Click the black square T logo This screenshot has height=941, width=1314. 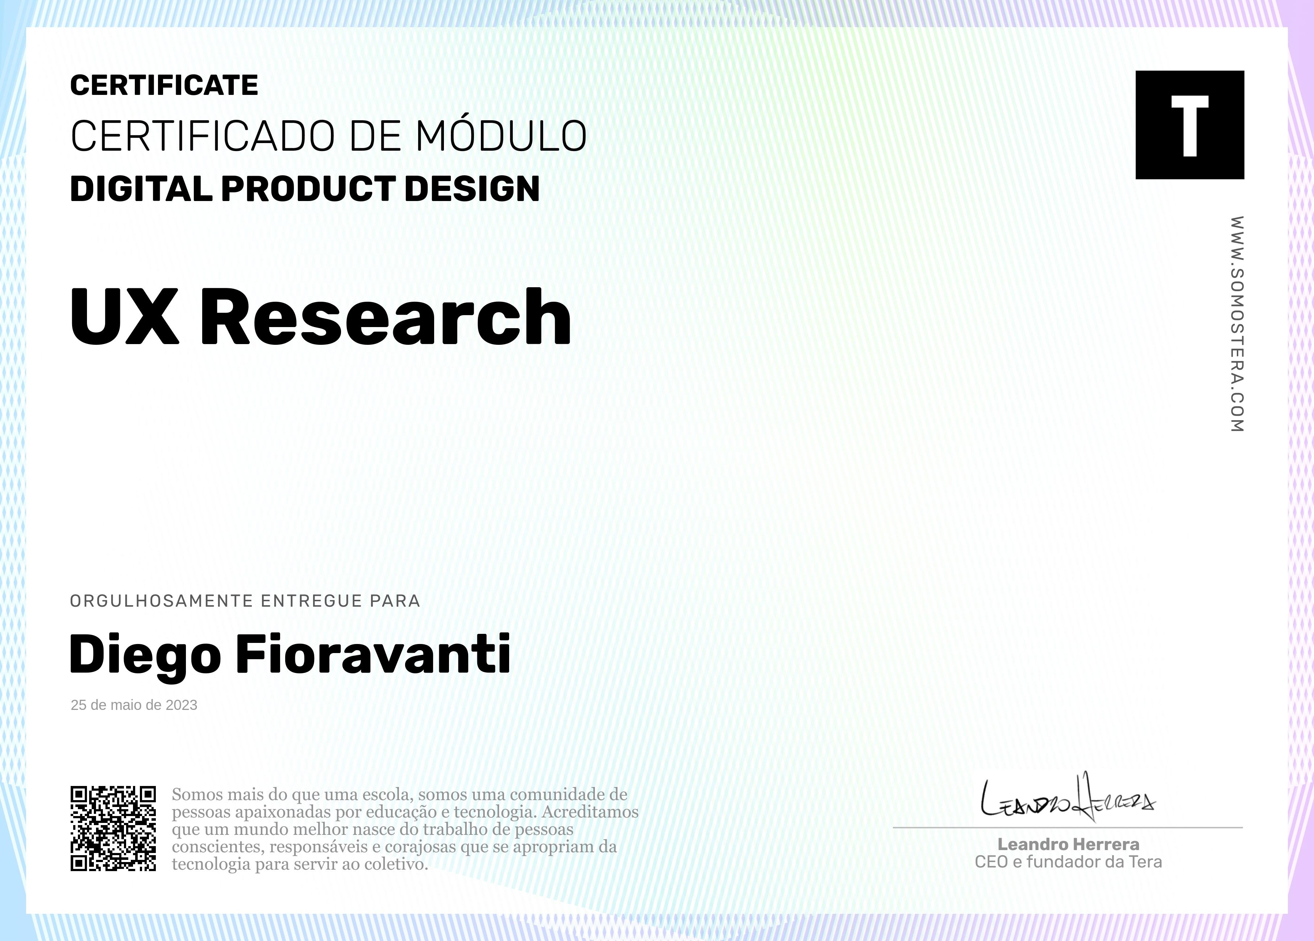(1189, 125)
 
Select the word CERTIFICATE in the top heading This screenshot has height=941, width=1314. (164, 86)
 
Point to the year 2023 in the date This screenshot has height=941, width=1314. (181, 705)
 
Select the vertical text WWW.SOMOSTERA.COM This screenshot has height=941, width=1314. (1236, 324)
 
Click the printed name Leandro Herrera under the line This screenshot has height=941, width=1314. (1068, 844)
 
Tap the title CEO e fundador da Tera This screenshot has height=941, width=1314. (1068, 862)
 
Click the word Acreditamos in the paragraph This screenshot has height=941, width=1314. (590, 812)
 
